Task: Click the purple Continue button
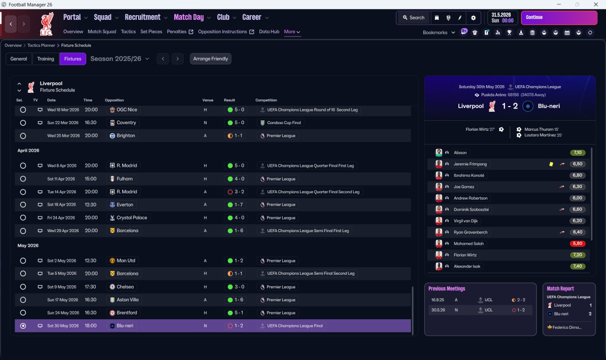pyautogui.click(x=559, y=18)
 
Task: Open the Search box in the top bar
pyautogui.click(x=413, y=18)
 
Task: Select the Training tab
pyautogui.click(x=45, y=59)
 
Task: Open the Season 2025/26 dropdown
pyautogui.click(x=120, y=59)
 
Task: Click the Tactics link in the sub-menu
pyautogui.click(x=128, y=32)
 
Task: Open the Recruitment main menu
pyautogui.click(x=143, y=17)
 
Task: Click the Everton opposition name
pyautogui.click(x=125, y=205)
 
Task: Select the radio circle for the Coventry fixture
pyautogui.click(x=23, y=123)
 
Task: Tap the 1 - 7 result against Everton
pyautogui.click(x=239, y=205)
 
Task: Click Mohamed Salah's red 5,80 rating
pyautogui.click(x=577, y=243)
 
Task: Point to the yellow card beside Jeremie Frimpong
pyautogui.click(x=551, y=164)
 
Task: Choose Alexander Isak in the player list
pyautogui.click(x=467, y=266)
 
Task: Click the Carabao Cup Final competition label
pyautogui.click(x=284, y=123)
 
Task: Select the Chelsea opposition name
pyautogui.click(x=125, y=287)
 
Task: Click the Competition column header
pyautogui.click(x=266, y=100)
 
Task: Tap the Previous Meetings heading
pyautogui.click(x=446, y=288)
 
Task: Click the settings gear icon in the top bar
pyautogui.click(x=473, y=18)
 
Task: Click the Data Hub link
pyautogui.click(x=269, y=32)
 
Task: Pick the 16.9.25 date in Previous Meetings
pyautogui.click(x=437, y=300)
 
